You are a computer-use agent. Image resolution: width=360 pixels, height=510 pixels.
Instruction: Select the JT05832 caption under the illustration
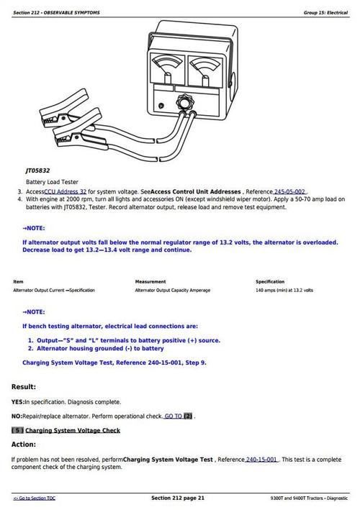38,170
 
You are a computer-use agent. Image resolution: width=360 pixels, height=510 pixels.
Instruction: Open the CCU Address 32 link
66,192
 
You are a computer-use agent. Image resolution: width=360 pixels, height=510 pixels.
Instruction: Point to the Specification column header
270,281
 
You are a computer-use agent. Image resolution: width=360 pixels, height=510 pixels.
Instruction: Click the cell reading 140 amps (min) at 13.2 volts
284,290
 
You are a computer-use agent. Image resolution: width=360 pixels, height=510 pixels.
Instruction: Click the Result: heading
24,386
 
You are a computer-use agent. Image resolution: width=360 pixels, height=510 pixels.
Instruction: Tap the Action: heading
24,444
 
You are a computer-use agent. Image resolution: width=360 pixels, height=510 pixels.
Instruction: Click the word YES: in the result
18,401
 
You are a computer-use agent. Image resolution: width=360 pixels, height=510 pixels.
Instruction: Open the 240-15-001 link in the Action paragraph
262,459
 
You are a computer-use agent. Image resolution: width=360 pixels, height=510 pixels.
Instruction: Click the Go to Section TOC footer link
35,498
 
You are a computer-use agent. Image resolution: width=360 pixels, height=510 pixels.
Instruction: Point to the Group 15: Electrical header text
325,13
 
